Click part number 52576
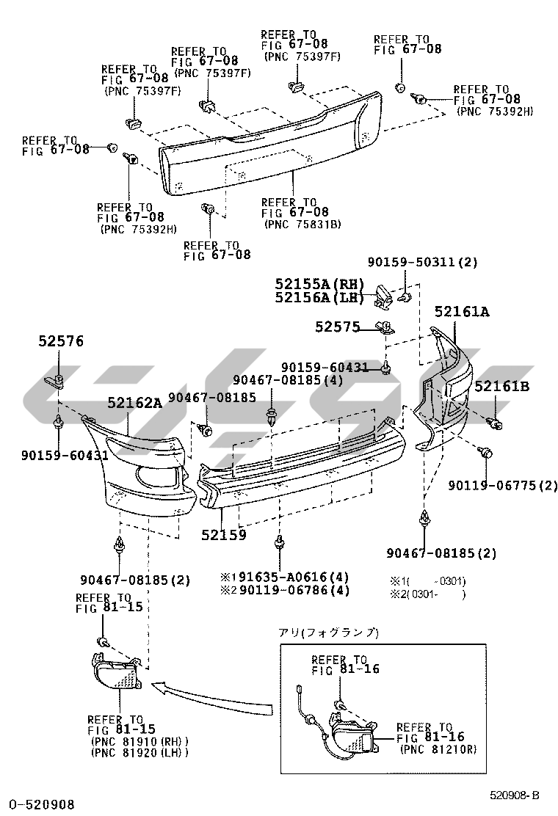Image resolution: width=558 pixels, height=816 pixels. point(61,341)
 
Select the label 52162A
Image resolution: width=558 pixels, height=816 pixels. point(135,402)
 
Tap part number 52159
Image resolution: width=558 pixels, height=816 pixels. point(224,534)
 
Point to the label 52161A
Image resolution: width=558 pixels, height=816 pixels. point(463,312)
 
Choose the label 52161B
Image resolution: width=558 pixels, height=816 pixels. point(501,386)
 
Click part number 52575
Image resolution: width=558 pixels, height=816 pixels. point(337,327)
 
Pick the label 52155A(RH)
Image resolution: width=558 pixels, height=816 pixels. point(319,284)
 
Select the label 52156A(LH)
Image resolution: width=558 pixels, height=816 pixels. point(319,298)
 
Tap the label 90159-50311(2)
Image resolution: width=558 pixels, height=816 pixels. point(423,262)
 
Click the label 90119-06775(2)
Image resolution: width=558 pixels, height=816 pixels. point(503,486)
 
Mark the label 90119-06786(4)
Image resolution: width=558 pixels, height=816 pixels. point(294,590)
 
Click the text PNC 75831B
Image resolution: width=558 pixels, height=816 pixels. point(302,225)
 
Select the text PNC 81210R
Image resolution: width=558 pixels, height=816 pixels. point(439,749)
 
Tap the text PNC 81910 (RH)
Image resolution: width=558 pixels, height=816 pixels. point(139,742)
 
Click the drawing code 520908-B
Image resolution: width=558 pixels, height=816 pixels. point(514,795)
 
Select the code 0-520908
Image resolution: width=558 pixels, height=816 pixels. point(42,805)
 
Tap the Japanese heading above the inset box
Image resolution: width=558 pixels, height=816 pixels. point(328,633)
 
